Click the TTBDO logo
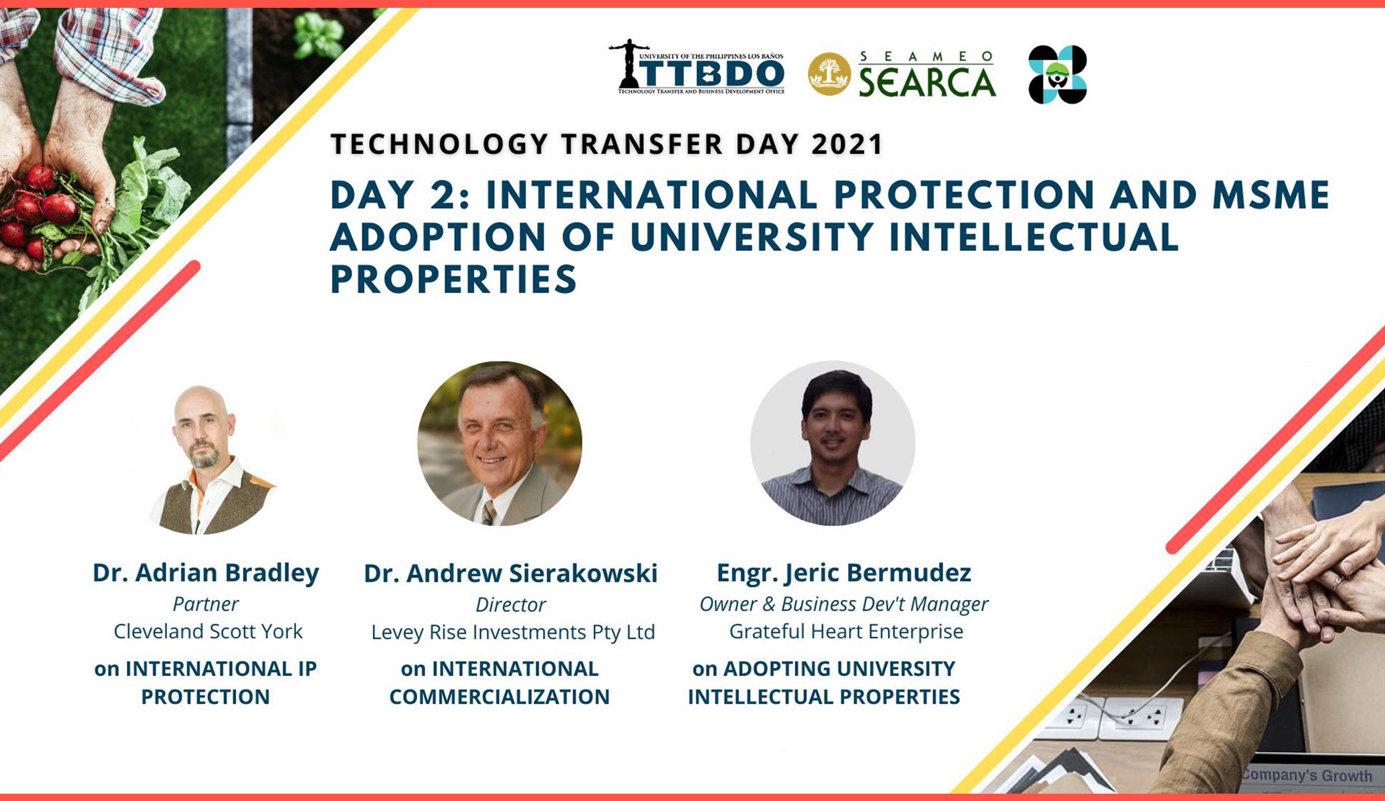[x=697, y=66]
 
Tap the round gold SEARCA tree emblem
[x=829, y=74]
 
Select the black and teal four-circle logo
[x=1058, y=74]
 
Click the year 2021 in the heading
[x=847, y=144]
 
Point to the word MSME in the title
[x=1271, y=195]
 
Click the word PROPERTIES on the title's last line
[x=453, y=279]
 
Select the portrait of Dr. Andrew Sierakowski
[x=500, y=444]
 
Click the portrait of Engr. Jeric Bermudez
[x=833, y=444]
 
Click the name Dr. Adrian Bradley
[x=206, y=573]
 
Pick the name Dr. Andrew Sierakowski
[x=510, y=574]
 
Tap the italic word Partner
[x=206, y=604]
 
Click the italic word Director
[x=510, y=604]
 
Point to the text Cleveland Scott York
[x=208, y=631]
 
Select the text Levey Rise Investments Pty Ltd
[x=513, y=632]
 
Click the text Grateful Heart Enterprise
[x=846, y=631]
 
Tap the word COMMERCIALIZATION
[x=499, y=697]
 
